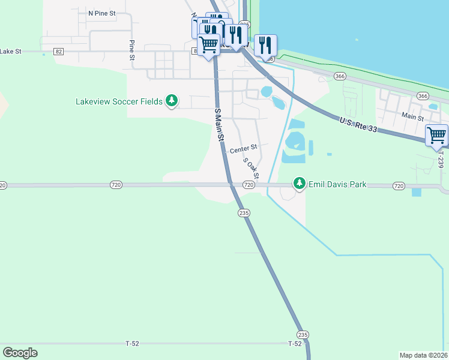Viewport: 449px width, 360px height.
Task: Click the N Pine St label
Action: pyautogui.click(x=101, y=13)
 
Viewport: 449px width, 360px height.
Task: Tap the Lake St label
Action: pyautogui.click(x=11, y=52)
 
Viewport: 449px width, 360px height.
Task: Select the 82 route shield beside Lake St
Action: pyautogui.click(x=58, y=52)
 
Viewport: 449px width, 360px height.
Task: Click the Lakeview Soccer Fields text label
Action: pyautogui.click(x=119, y=101)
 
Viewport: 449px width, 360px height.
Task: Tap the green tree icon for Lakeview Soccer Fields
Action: pyautogui.click(x=172, y=101)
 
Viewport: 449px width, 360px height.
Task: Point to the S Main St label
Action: pyautogui.click(x=219, y=124)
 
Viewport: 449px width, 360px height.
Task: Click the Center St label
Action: pyautogui.click(x=243, y=147)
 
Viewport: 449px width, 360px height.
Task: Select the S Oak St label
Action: pyautogui.click(x=251, y=168)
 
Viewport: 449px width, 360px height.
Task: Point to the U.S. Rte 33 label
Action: pyautogui.click(x=358, y=125)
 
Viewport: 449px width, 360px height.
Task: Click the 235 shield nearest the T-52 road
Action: pyautogui.click(x=303, y=334)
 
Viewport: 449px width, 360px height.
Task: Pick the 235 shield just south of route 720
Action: pyautogui.click(x=244, y=213)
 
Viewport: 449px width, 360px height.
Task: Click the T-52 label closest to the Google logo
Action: pyautogui.click(x=133, y=344)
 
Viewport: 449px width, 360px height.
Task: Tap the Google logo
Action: pyautogui.click(x=20, y=353)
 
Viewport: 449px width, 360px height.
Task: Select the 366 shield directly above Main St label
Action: pyautogui.click(x=423, y=96)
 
